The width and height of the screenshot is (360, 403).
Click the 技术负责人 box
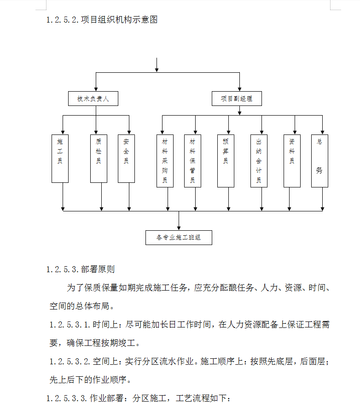pyautogui.click(x=93, y=99)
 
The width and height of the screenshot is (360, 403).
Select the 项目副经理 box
pyautogui.click(x=237, y=99)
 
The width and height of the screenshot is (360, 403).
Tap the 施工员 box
pyautogui.click(x=60, y=158)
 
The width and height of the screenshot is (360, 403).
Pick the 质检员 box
pyautogui.click(x=99, y=158)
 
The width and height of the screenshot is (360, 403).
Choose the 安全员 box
pyautogui.click(x=126, y=158)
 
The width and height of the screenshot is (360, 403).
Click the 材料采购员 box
pyautogui.click(x=165, y=161)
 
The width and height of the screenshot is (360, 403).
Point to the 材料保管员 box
pyautogui.click(x=192, y=161)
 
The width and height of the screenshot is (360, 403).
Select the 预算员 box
pyautogui.click(x=226, y=161)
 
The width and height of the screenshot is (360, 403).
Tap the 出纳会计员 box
pyautogui.click(x=259, y=161)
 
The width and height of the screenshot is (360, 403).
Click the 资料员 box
pyautogui.click(x=292, y=161)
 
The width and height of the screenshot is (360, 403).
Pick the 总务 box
pyautogui.click(x=319, y=161)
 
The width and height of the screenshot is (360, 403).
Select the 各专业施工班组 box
pyautogui.click(x=179, y=238)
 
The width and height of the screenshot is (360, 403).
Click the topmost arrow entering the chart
pyautogui.click(x=157, y=65)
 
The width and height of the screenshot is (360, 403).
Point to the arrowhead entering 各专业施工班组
pyautogui.click(x=179, y=228)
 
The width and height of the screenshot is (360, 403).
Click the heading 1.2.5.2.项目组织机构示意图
pyautogui.click(x=102, y=19)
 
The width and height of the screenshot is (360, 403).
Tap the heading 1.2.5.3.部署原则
pyautogui.click(x=81, y=269)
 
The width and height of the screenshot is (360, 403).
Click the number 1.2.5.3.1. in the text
pyautogui.click(x=70, y=324)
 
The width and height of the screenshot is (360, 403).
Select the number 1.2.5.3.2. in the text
pyautogui.click(x=70, y=362)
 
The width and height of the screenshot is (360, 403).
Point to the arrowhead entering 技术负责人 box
pyautogui.click(x=96, y=89)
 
